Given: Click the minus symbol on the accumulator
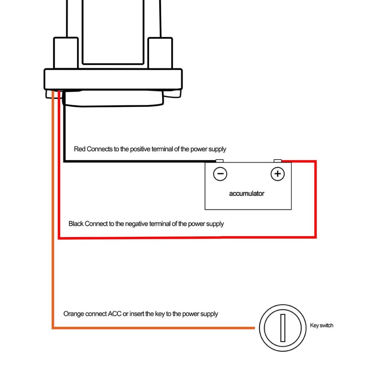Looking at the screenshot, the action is coord(220,174).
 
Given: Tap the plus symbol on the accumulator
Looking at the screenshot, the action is coord(277,174).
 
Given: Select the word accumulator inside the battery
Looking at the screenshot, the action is coord(247,193).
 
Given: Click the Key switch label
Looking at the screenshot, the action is coord(321,325).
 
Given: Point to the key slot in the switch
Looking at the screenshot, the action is coord(283,328).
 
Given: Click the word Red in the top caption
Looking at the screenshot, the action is coord(79,149).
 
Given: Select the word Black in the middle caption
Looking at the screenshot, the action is coord(76,224).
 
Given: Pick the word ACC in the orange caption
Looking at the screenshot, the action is coord(114,314).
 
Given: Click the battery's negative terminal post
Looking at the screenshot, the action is coord(219,161).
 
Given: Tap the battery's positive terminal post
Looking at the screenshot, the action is coord(277,161).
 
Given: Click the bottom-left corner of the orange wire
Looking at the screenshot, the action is coord(53,328).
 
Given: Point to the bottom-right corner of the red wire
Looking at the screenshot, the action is coord(315,237).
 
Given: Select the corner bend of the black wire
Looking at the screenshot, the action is coord(64,161).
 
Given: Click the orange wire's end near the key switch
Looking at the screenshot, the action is coord(254,328).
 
